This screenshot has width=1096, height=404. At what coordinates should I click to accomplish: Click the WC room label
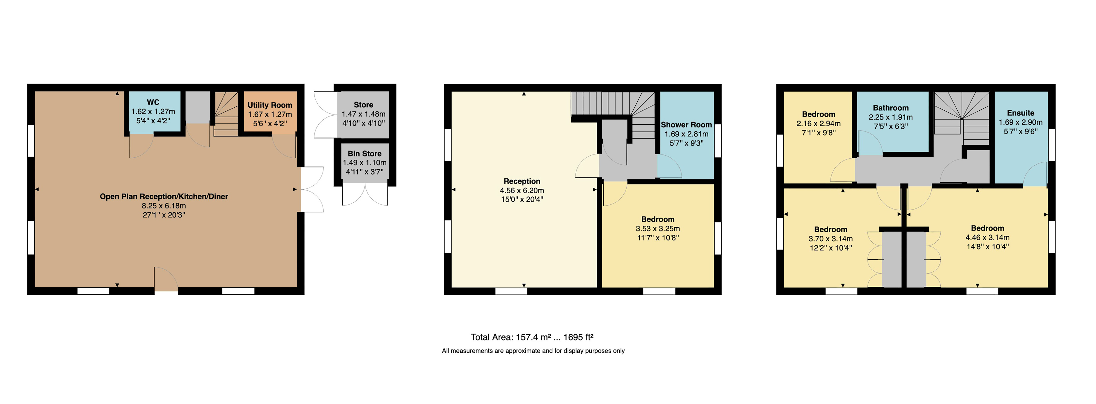coord(153,102)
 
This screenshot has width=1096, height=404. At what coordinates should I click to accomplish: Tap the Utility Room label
coord(270,105)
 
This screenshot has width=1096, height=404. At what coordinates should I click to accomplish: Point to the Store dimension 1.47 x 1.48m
coord(363,114)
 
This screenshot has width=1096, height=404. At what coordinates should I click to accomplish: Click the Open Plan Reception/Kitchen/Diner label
coord(164,196)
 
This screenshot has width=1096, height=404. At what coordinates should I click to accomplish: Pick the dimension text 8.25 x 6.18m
coord(164,206)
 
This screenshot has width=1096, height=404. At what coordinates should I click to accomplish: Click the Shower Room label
coord(686,125)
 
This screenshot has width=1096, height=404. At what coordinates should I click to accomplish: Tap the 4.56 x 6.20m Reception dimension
coord(522,191)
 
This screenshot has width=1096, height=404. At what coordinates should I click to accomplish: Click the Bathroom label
coord(891,108)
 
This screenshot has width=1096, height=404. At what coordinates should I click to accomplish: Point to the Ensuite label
coord(1020,113)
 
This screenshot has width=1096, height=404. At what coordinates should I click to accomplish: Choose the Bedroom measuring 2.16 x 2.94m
coord(818,114)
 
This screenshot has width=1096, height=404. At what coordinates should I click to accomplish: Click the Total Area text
coord(532,337)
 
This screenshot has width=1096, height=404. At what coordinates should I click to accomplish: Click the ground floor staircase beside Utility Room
coord(226,114)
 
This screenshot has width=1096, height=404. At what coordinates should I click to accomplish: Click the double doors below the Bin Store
coord(365,195)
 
